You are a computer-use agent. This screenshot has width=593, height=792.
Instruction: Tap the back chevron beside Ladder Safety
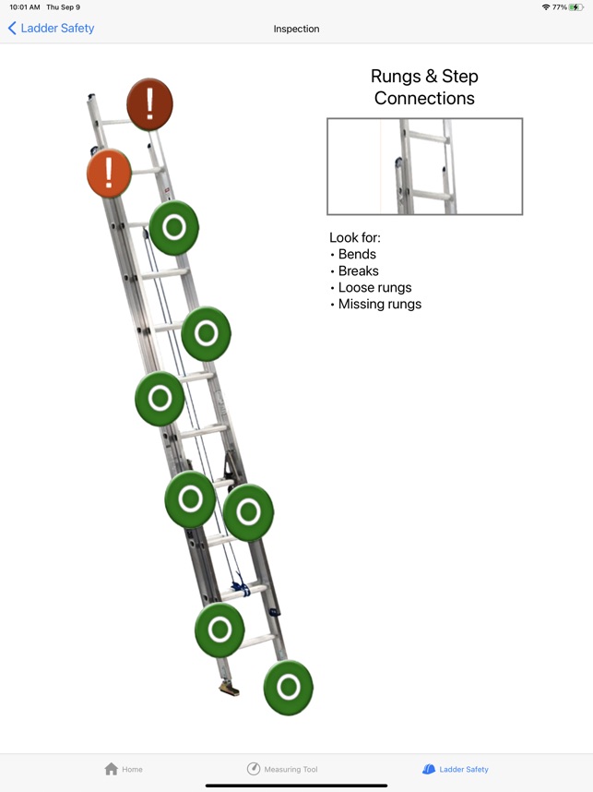tap(12, 29)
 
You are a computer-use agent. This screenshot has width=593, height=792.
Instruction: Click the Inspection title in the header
tap(296, 29)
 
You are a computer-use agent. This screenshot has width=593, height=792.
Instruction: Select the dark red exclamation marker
tap(149, 104)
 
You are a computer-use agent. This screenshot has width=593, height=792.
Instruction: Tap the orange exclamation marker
tap(109, 173)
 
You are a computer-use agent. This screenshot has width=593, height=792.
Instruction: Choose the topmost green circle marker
tap(173, 227)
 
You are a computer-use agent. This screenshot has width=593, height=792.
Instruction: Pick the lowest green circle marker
tap(288, 688)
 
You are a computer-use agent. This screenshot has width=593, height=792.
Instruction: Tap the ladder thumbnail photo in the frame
tap(424, 166)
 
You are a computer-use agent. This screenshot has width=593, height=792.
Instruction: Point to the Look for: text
tap(355, 237)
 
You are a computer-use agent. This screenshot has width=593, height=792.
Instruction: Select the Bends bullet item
tap(357, 254)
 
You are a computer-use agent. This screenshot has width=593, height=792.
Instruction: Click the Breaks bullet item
tap(358, 270)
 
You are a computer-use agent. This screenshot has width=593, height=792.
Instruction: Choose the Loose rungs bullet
tap(374, 287)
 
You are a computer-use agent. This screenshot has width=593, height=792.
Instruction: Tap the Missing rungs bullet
tap(379, 304)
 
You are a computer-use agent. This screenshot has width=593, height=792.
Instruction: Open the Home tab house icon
tap(112, 769)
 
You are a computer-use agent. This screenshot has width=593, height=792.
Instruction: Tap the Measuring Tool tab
tap(282, 769)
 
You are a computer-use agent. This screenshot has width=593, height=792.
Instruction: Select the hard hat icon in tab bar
tap(429, 769)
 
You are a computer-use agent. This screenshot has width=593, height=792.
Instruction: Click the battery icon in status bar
tap(576, 7)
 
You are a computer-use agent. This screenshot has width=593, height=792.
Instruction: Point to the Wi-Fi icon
tap(545, 7)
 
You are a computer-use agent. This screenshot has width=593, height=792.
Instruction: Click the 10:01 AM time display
tap(25, 7)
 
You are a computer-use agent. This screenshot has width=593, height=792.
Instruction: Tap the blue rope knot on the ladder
tap(241, 586)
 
